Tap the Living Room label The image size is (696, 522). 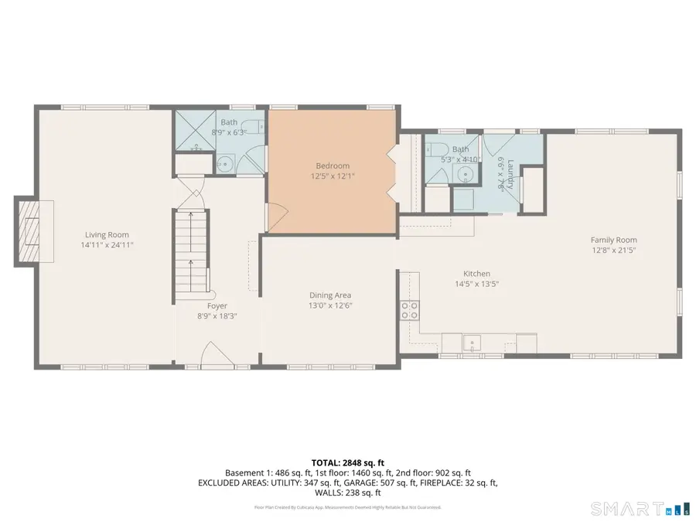(x=107, y=235)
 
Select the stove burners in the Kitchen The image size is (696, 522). (x=409, y=310)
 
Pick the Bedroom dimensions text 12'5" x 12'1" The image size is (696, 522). (x=333, y=176)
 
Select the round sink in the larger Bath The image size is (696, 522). (x=223, y=162)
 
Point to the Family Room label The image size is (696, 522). (x=613, y=240)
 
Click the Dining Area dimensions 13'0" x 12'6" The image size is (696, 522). (x=330, y=305)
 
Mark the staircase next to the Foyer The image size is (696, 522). (x=192, y=251)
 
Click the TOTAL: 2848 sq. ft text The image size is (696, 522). (x=347, y=462)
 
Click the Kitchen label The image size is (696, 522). (x=476, y=274)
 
